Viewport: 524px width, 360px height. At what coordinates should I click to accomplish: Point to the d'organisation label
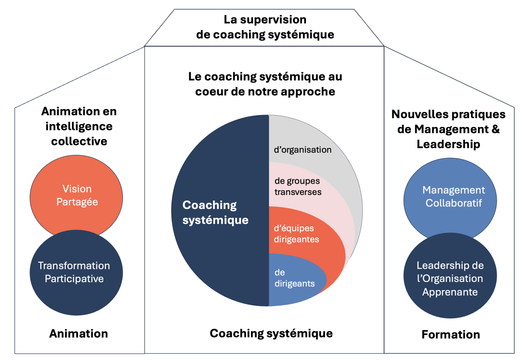click(x=303, y=150)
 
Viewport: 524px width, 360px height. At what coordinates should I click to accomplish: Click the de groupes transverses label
click(x=298, y=186)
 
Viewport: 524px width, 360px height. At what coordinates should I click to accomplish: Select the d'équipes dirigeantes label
click(x=296, y=234)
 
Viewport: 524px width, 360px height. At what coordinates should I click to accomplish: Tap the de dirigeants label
click(x=294, y=278)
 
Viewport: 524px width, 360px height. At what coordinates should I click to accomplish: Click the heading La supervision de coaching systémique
click(x=265, y=27)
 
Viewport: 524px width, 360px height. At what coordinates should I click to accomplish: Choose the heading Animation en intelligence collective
click(x=79, y=126)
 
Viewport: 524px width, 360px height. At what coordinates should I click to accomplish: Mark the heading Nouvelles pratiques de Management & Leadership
click(x=448, y=129)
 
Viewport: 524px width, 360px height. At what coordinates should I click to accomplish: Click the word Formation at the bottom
click(x=451, y=334)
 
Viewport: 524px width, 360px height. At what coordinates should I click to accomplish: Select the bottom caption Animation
click(x=79, y=333)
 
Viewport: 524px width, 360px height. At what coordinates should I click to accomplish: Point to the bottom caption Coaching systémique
click(x=271, y=333)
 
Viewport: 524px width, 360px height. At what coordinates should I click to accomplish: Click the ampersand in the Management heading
click(x=496, y=129)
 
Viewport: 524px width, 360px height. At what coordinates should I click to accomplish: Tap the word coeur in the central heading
click(x=211, y=92)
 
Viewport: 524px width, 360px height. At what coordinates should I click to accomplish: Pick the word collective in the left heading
click(x=79, y=141)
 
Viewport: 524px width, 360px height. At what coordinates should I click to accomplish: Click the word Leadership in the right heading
click(x=448, y=144)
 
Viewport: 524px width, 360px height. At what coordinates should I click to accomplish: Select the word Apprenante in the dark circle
click(x=450, y=292)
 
